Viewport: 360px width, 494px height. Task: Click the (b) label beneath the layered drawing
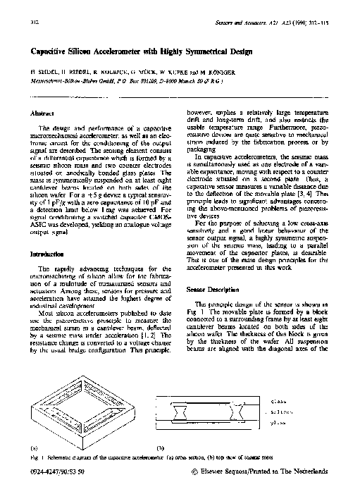point(160,447)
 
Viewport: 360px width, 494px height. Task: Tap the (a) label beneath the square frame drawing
point(33,447)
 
